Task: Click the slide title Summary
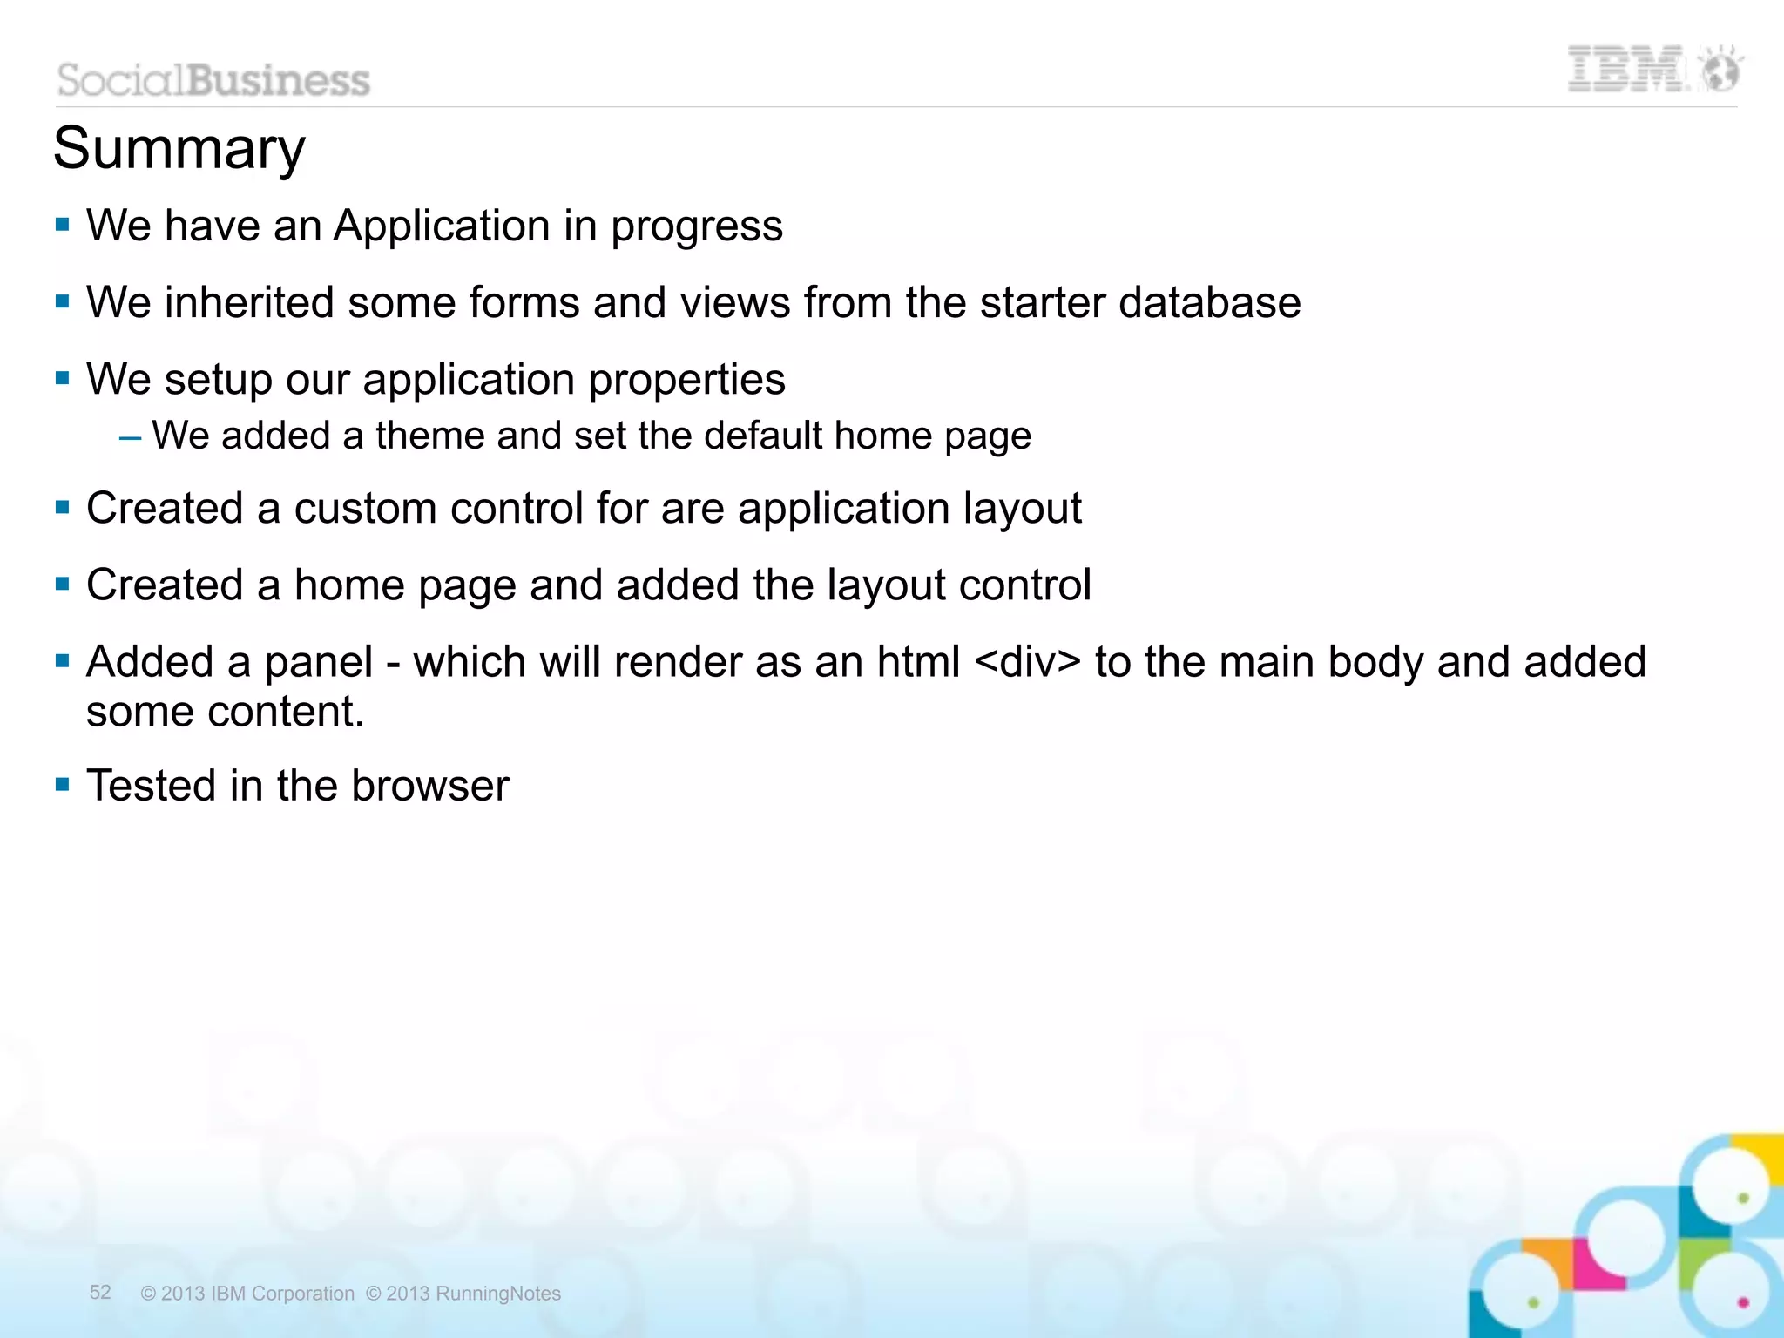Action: click(x=179, y=149)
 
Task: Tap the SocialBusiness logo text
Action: click(x=214, y=80)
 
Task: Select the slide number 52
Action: click(x=100, y=1292)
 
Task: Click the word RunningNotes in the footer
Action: click(x=498, y=1294)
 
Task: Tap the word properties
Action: click(x=686, y=381)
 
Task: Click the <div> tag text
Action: click(x=1028, y=662)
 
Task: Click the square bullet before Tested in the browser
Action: click(x=62, y=785)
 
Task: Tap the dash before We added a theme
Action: click(x=130, y=436)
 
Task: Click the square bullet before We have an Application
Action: click(x=62, y=225)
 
